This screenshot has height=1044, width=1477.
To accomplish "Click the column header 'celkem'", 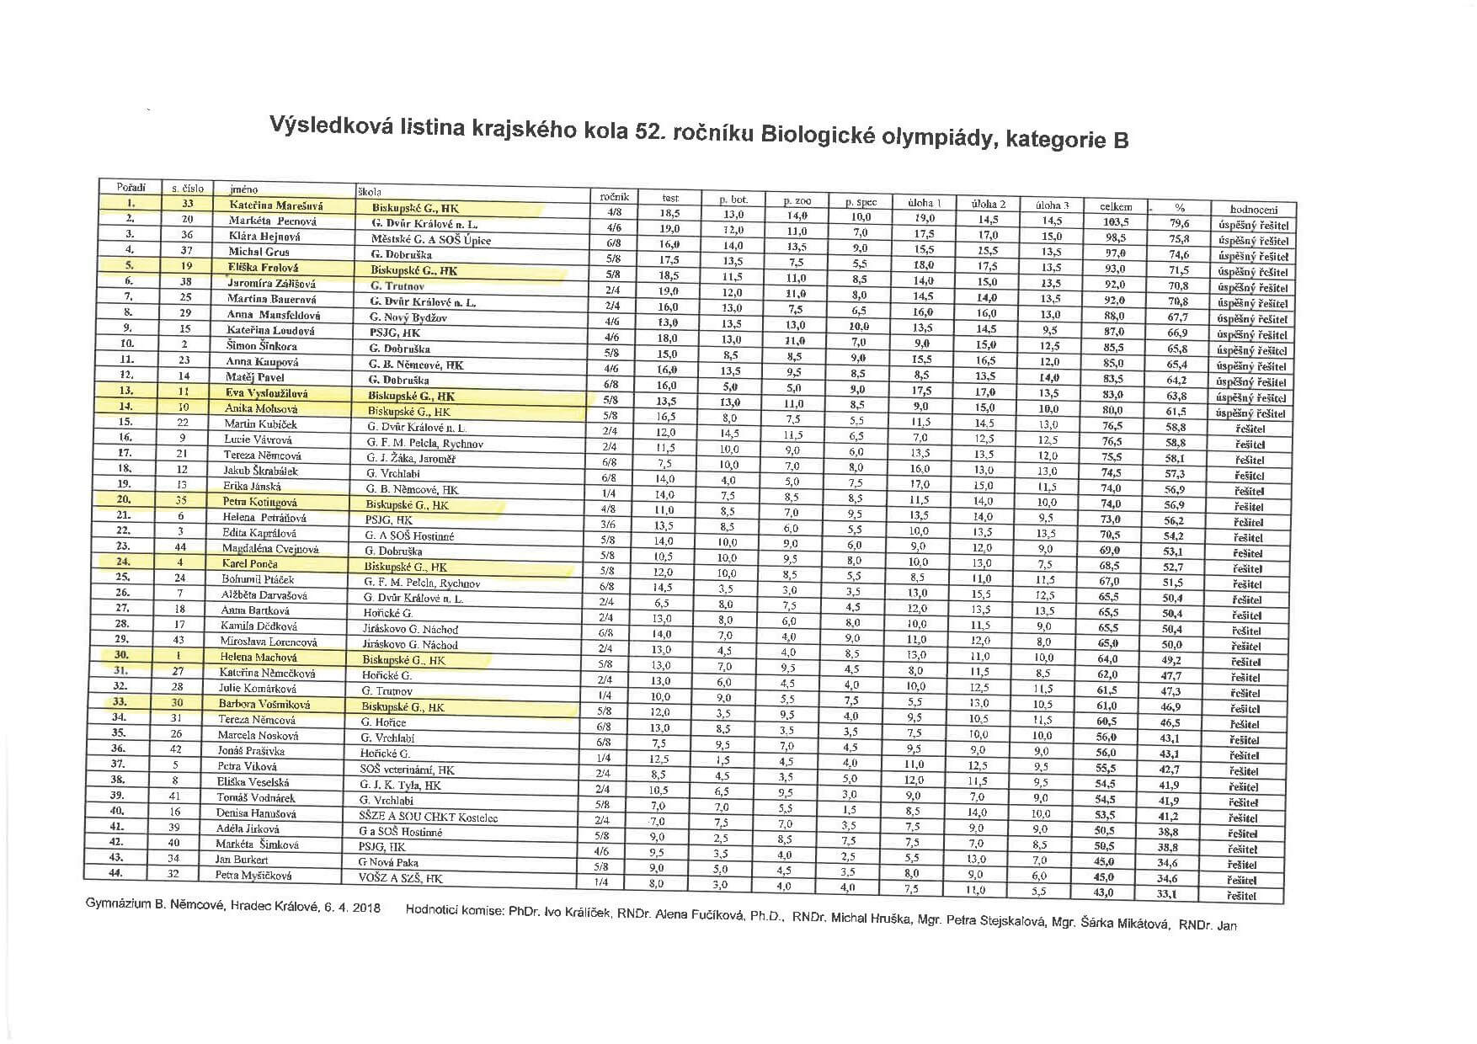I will pos(1116,207).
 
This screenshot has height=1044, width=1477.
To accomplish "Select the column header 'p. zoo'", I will pos(797,201).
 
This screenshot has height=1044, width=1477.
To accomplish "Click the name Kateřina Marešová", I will pos(275,205).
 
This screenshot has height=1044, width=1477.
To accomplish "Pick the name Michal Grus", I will pos(259,251).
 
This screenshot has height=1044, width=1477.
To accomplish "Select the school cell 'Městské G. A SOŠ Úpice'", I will pos(431,239).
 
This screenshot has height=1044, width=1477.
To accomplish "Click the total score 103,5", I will pos(1116,222).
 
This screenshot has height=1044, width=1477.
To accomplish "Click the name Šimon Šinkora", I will pos(261,345).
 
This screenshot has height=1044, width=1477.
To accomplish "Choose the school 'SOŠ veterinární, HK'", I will pos(406,770).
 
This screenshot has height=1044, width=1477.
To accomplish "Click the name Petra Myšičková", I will pos(253,876).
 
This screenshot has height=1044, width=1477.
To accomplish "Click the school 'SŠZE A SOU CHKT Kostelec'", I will pos(428,817).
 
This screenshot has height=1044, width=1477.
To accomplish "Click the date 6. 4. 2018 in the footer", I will pos(351,908).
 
